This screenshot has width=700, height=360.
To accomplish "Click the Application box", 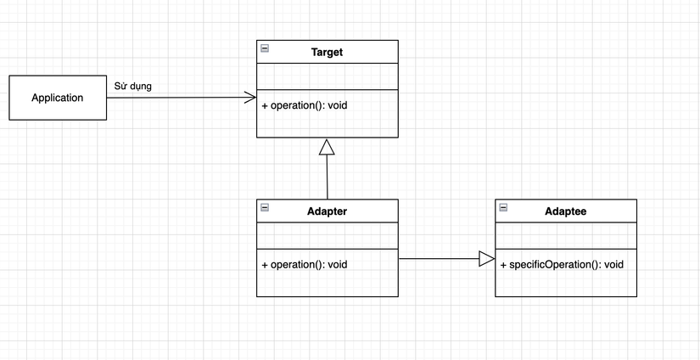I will [x=58, y=98].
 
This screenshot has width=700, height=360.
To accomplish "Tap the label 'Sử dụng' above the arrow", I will [x=133, y=86].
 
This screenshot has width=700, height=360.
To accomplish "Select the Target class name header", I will [x=327, y=53].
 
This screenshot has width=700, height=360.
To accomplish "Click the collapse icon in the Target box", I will [x=265, y=48].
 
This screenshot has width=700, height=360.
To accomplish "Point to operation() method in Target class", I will [x=305, y=106].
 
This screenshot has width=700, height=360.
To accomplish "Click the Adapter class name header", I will [x=327, y=211].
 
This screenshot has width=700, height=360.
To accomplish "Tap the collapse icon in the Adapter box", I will [x=265, y=207].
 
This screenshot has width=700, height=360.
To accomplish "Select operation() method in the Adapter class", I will [x=305, y=264].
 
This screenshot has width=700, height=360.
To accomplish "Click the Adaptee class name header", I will [x=565, y=211].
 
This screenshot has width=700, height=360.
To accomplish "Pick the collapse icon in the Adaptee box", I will [x=504, y=207].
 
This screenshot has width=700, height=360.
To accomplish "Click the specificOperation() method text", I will [x=562, y=265].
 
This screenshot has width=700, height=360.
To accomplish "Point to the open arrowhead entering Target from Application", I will [x=250, y=98].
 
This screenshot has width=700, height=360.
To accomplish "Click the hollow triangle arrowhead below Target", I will [x=327, y=147].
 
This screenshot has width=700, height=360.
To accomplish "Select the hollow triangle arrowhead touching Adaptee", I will [x=486, y=259].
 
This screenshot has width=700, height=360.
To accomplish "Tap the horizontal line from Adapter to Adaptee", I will [x=437, y=259].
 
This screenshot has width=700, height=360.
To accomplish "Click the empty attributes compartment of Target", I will [x=327, y=76].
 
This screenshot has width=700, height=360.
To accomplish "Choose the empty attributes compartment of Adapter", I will [x=327, y=236].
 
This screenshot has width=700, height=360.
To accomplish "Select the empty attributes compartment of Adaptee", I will [x=565, y=236].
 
